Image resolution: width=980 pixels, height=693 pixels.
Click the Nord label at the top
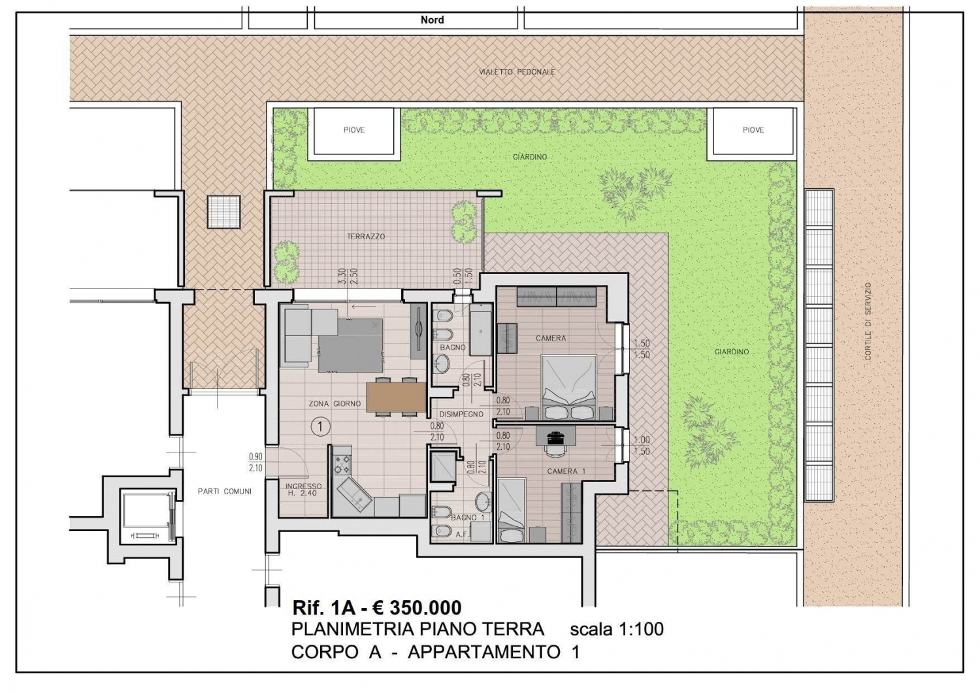click(433, 20)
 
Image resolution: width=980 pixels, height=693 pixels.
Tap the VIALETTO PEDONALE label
click(517, 72)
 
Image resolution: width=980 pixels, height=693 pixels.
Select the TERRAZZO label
click(366, 237)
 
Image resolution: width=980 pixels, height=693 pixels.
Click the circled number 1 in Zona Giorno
click(321, 426)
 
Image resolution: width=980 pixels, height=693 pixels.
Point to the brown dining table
click(397, 397)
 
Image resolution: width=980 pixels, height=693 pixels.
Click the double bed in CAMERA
click(569, 388)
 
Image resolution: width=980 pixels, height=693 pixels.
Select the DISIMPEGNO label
click(461, 414)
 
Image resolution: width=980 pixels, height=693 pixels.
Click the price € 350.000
click(417, 607)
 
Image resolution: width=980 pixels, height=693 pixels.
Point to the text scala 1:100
click(617, 630)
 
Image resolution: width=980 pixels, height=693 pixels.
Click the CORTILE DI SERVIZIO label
click(868, 321)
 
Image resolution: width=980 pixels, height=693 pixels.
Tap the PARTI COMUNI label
click(225, 492)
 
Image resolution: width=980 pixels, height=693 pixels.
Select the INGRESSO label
click(303, 486)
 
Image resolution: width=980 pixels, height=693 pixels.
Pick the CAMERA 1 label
click(566, 471)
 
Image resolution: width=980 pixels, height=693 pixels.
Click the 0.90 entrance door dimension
click(255, 456)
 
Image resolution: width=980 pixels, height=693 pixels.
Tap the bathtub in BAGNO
click(481, 333)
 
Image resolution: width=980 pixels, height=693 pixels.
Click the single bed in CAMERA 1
click(512, 511)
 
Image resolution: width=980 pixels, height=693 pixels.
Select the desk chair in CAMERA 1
click(555, 450)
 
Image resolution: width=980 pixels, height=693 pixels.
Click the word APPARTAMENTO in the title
click(484, 652)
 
